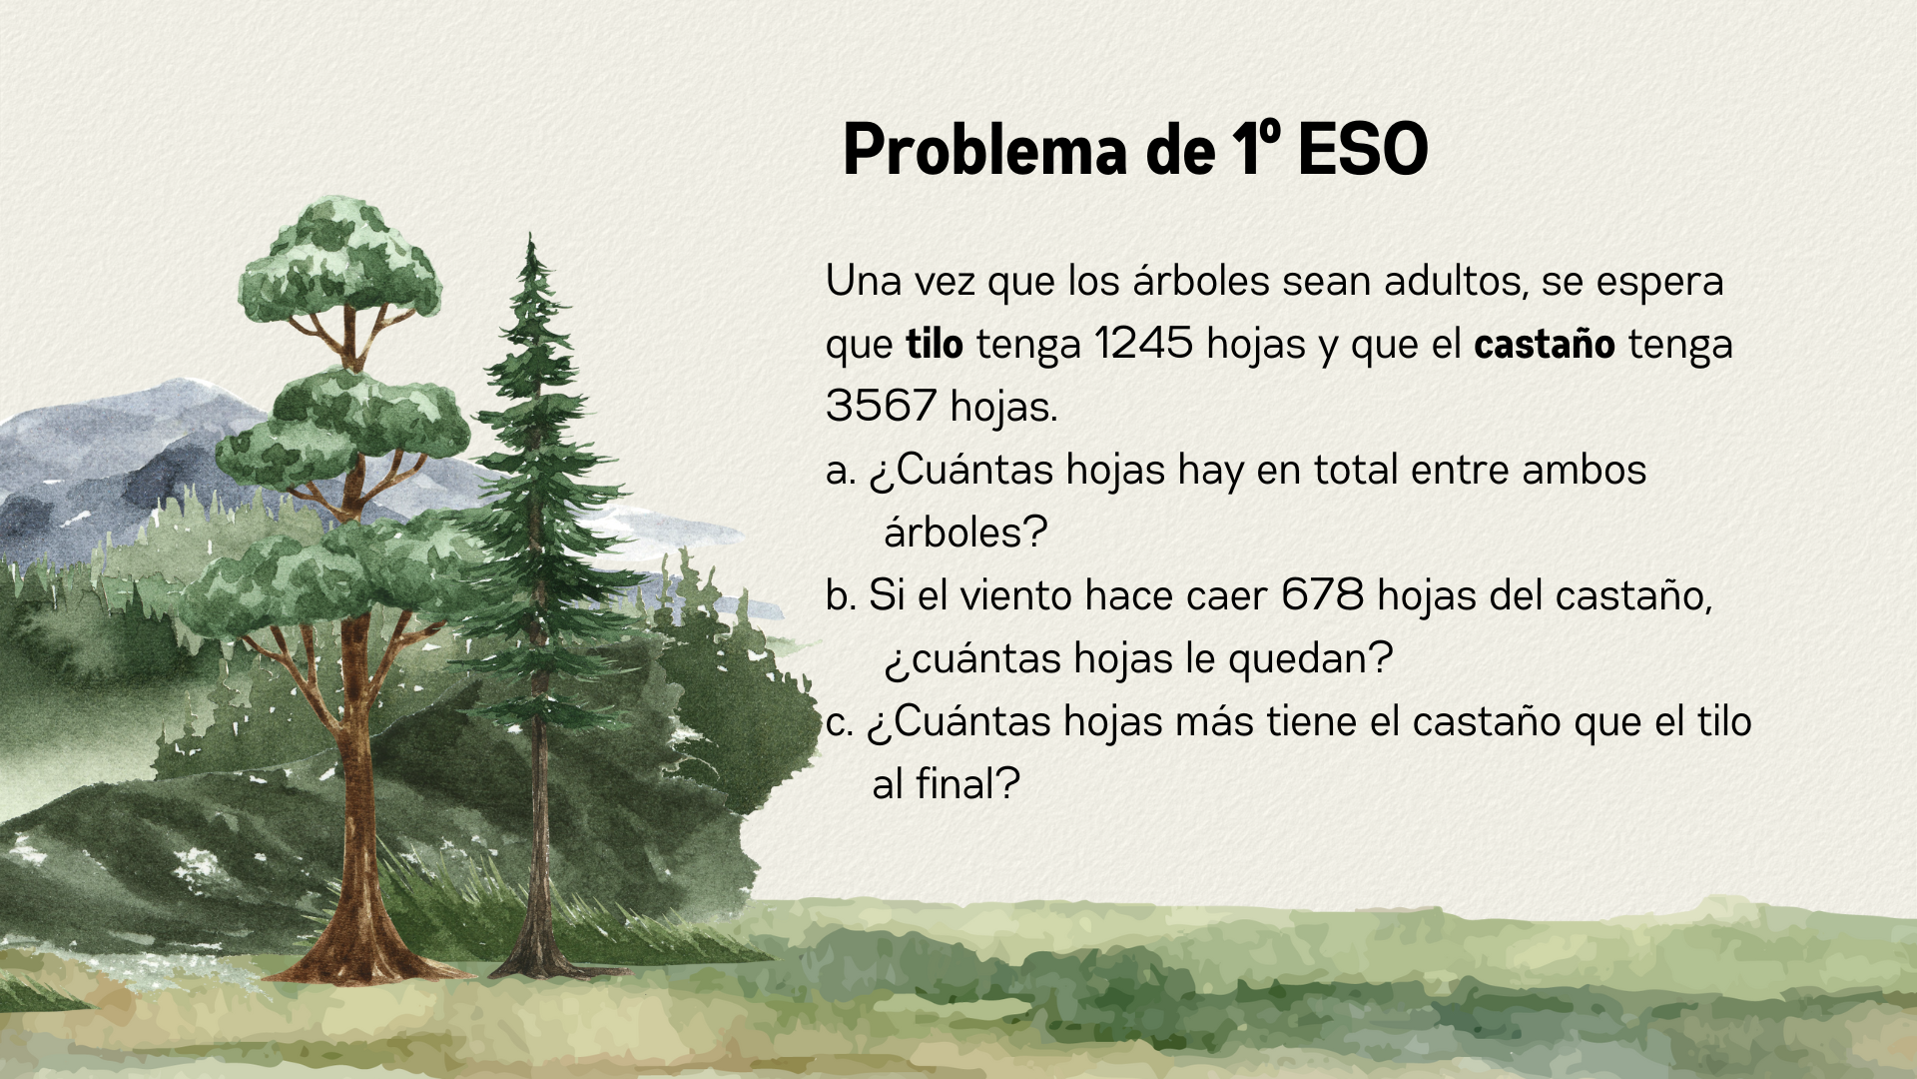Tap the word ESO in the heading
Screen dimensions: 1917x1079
pyautogui.click(x=1363, y=150)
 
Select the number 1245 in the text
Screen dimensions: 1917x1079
pyautogui.click(x=1143, y=344)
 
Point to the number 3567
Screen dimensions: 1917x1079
pyautogui.click(x=881, y=406)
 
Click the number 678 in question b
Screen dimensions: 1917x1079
pyautogui.click(x=1322, y=595)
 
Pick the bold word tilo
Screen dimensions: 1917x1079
pyautogui.click(x=935, y=344)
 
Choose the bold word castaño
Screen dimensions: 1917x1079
pyautogui.click(x=1545, y=344)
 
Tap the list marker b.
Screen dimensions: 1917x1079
pyautogui.click(x=842, y=595)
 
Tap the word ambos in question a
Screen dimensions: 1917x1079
pyautogui.click(x=1584, y=470)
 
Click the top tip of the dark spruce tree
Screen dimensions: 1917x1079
pyautogui.click(x=530, y=234)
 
